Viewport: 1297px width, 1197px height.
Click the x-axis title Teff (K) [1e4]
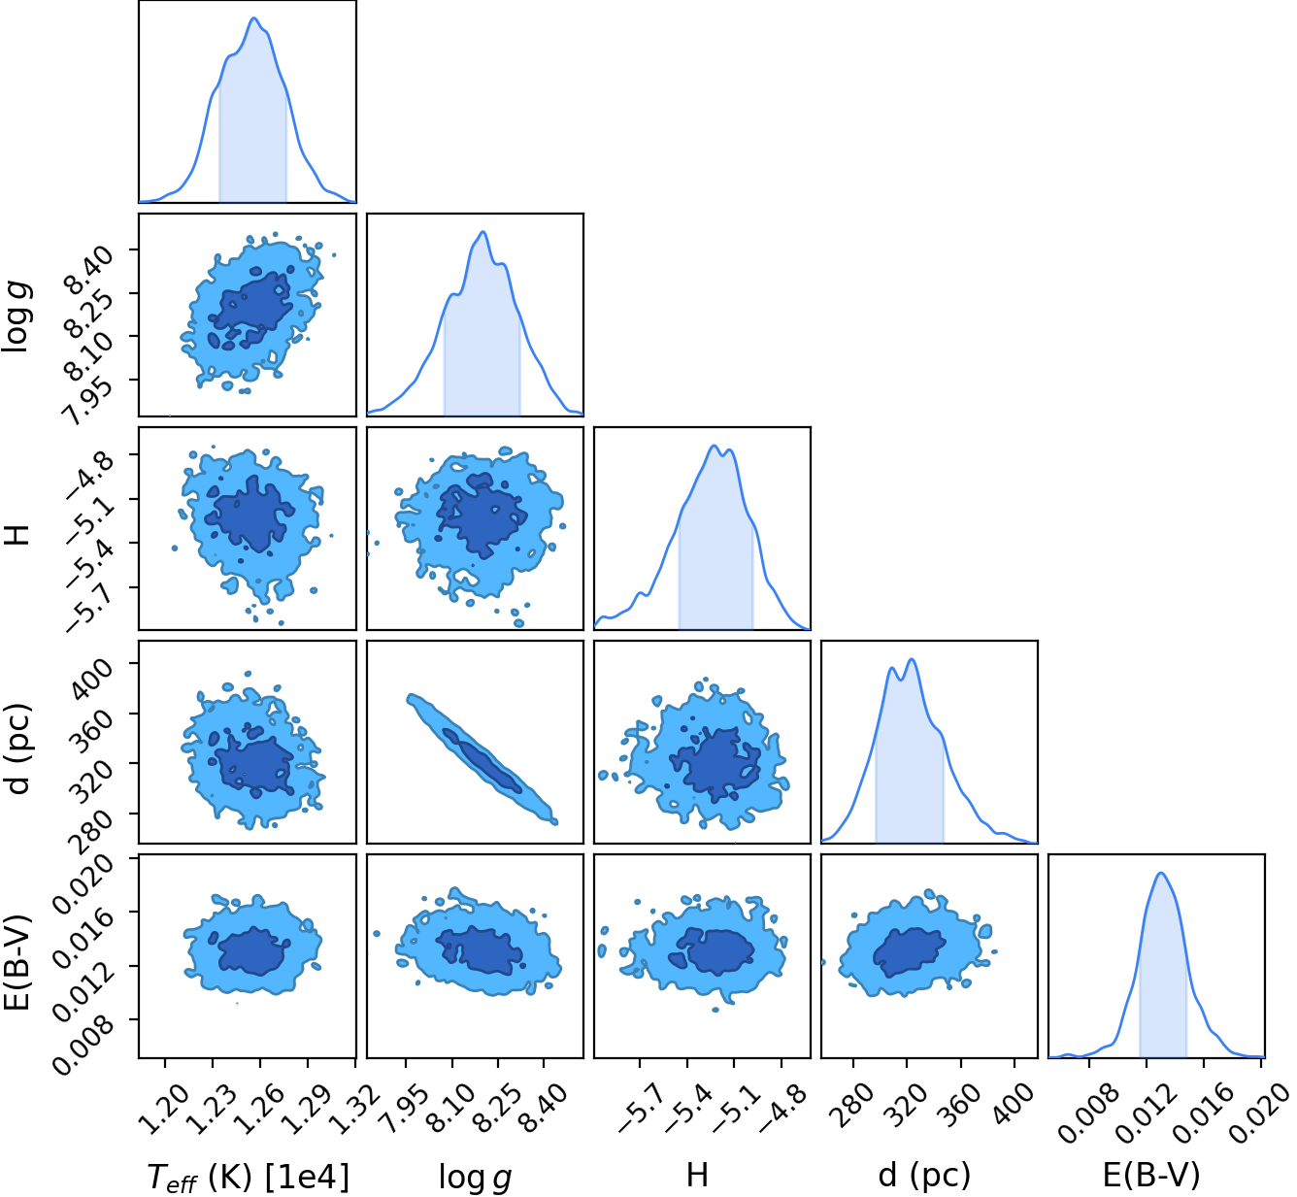(x=249, y=1160)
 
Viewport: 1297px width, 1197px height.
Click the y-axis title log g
(x=17, y=316)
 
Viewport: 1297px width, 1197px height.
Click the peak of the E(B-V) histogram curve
(x=1160, y=873)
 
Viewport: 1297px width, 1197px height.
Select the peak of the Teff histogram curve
(x=254, y=18)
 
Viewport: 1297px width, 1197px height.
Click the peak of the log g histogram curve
(x=482, y=232)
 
